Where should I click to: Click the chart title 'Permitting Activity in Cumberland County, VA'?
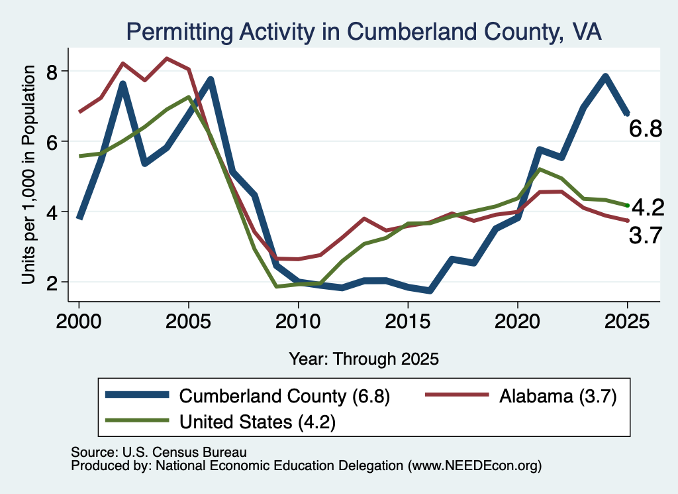point(363,32)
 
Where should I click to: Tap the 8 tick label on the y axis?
point(52,71)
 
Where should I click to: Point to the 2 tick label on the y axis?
point(52,282)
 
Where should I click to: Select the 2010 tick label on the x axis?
point(298,322)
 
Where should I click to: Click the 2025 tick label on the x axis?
point(628,322)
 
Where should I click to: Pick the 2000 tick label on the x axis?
point(79,322)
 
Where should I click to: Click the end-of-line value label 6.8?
point(645,129)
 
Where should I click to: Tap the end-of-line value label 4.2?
point(648,208)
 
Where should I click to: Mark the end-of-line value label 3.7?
point(645,236)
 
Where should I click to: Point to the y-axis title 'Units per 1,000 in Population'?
point(28,174)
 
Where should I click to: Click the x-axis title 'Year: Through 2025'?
point(363,359)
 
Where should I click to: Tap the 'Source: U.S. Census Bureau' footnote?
point(159,452)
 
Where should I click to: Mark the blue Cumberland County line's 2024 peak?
point(605,77)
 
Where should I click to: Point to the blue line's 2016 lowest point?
point(429,290)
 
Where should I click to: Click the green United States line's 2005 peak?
point(189,97)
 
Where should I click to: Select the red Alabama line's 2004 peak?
point(167,58)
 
